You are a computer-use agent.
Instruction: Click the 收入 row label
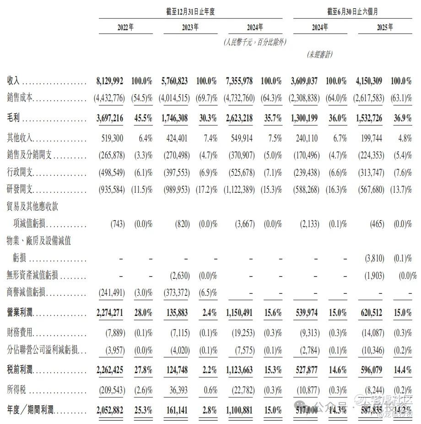click(14, 81)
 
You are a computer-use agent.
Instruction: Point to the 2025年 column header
click(384, 27)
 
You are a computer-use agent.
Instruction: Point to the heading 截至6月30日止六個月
click(352, 12)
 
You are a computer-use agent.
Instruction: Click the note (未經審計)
click(319, 54)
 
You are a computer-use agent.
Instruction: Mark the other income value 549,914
click(240, 138)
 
